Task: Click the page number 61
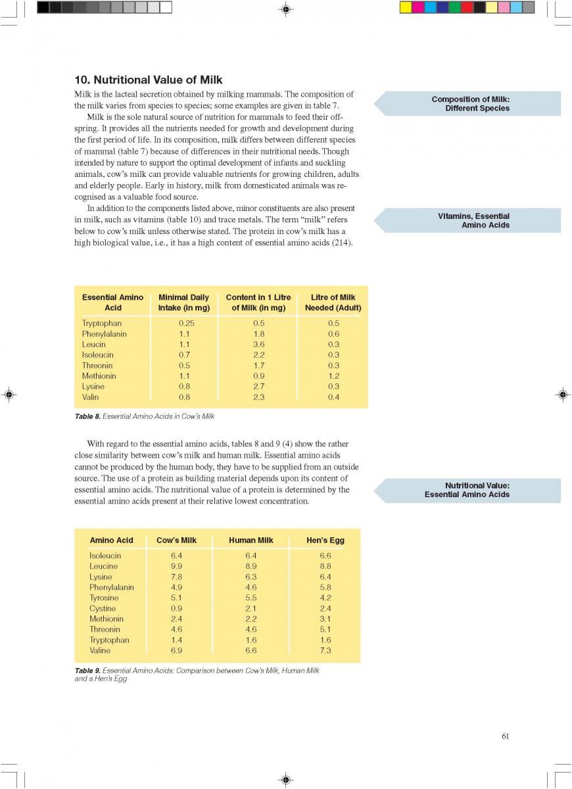[x=505, y=736]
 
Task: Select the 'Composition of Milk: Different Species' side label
[x=470, y=104]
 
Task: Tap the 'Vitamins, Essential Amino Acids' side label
[x=473, y=220]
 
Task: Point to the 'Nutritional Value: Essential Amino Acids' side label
[x=467, y=490]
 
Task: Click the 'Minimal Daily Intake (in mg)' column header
[x=183, y=302]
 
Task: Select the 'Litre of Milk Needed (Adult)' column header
[x=333, y=302]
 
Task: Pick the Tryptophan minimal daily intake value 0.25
[x=187, y=323]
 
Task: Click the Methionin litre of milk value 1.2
[x=333, y=376]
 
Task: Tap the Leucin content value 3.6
[x=258, y=345]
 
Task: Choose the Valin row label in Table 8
[x=91, y=397]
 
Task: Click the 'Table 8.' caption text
[x=87, y=416]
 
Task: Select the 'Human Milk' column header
[x=250, y=540]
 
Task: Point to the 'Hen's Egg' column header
[x=325, y=540]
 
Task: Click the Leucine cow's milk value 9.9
[x=176, y=566]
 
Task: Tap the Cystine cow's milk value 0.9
[x=176, y=608]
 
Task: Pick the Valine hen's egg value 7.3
[x=325, y=650]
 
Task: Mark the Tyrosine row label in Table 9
[x=104, y=598]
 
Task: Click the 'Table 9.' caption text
[x=87, y=671]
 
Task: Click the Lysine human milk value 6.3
[x=250, y=577]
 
